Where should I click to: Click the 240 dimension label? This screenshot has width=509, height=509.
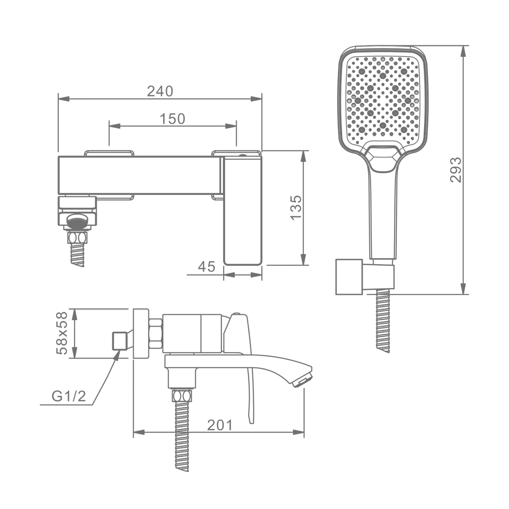coord(160,91)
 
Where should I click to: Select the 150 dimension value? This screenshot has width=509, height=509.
coord(172,119)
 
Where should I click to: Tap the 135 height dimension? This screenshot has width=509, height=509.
coord(296,207)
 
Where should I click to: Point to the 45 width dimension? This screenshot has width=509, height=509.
coord(207,267)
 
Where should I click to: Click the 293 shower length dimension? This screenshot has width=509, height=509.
coord(456,170)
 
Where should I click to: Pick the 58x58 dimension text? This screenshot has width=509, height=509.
coord(62,333)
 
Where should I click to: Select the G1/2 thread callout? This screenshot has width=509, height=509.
coord(69,396)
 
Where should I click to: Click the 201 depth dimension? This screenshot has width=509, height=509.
coord(220,425)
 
